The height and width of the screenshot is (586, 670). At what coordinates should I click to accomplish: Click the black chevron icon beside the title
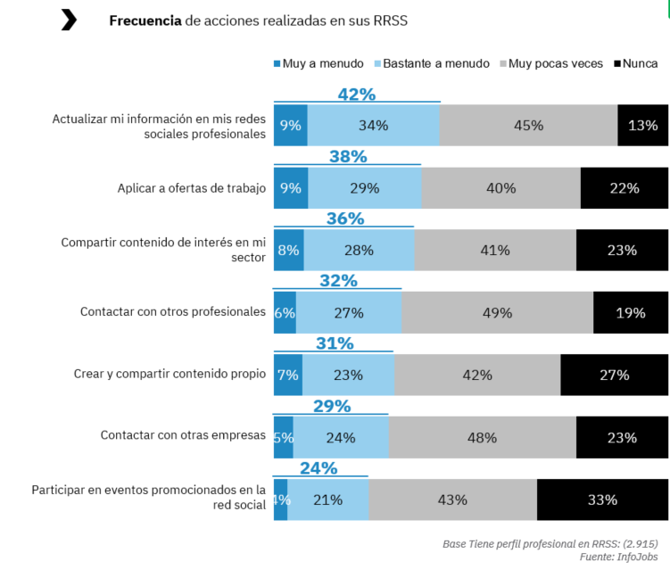(x=69, y=20)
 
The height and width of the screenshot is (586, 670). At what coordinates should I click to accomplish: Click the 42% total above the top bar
(x=357, y=95)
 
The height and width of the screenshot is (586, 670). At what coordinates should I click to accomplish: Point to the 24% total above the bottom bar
(x=318, y=468)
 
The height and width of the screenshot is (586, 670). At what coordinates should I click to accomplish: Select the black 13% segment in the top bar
(x=642, y=126)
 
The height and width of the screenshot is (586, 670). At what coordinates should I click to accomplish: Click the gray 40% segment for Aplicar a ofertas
(x=500, y=188)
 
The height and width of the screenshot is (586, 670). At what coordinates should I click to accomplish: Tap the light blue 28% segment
(x=359, y=251)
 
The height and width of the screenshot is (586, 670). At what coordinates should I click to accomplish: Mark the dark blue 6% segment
(x=285, y=312)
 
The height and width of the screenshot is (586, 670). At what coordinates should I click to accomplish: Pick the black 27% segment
(x=614, y=375)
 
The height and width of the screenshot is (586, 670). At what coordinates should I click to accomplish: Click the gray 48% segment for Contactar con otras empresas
(x=482, y=437)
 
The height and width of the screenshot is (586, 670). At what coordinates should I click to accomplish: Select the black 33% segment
(x=602, y=499)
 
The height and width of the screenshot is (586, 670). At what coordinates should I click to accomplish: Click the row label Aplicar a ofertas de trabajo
(x=191, y=188)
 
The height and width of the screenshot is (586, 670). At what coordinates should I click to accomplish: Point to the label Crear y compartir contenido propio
(x=170, y=375)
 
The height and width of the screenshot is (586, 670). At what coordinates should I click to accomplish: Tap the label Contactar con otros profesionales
(x=173, y=312)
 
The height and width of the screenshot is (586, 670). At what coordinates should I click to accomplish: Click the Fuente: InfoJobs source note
(x=618, y=557)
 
